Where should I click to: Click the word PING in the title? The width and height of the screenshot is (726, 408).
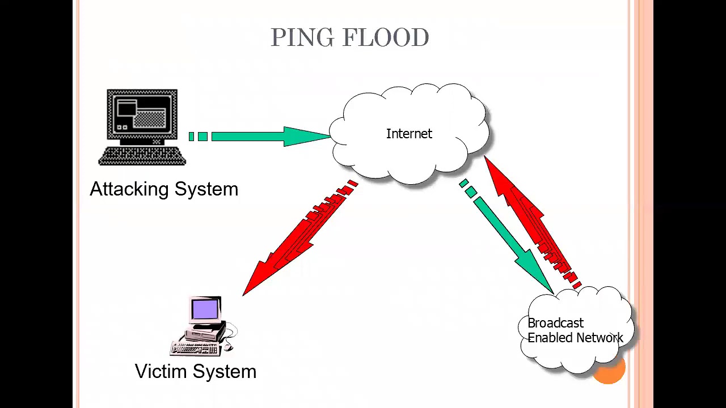click(301, 38)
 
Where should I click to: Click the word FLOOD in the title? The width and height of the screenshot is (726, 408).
click(386, 38)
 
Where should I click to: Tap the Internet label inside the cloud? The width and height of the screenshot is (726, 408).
click(409, 134)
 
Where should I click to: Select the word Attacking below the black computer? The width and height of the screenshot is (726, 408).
click(129, 189)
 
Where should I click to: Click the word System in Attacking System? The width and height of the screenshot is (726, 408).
click(206, 189)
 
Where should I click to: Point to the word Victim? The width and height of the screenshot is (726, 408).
click(161, 371)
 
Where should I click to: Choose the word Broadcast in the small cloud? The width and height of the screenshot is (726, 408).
click(555, 323)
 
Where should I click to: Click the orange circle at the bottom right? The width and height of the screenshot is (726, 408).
click(609, 369)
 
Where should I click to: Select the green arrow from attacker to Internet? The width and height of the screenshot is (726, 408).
click(267, 136)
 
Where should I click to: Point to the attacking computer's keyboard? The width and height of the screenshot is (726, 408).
click(142, 156)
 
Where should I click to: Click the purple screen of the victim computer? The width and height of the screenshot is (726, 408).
click(205, 309)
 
